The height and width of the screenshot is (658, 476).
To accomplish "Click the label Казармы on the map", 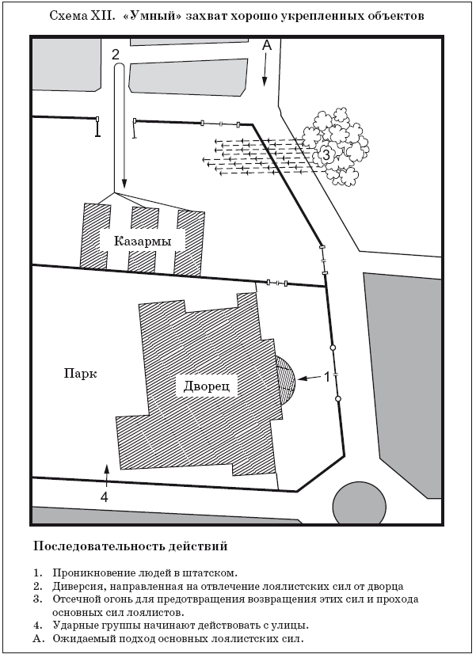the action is click(143, 242).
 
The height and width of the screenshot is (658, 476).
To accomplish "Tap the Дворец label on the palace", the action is click(207, 386).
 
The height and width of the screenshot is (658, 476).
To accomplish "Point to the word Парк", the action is click(80, 373).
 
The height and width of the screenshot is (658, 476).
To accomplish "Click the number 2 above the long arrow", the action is click(116, 54).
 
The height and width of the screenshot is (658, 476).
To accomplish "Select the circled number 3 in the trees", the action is click(326, 154).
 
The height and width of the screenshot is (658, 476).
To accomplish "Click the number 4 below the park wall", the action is click(105, 496).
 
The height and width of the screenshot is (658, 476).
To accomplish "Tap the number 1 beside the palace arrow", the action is click(327, 377).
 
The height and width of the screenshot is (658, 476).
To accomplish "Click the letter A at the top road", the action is click(267, 45).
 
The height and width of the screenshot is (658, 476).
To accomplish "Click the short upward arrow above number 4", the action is click(107, 474).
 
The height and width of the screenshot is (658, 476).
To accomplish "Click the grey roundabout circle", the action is click(360, 503).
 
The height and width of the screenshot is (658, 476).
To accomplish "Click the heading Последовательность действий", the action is click(130, 546).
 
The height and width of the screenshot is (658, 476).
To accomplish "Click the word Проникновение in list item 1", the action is click(92, 572).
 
